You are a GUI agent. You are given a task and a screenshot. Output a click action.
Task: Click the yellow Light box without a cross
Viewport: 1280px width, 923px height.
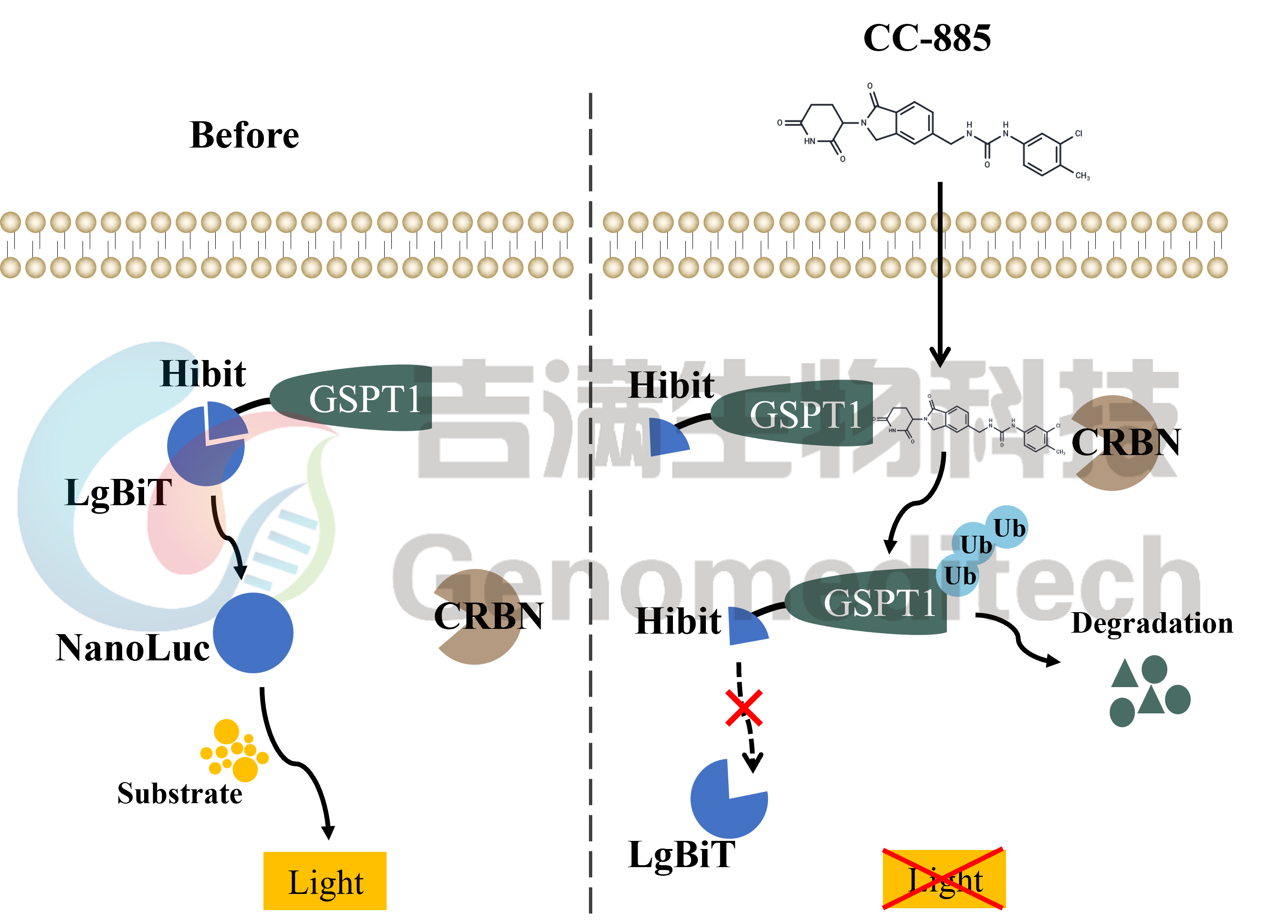(325, 881)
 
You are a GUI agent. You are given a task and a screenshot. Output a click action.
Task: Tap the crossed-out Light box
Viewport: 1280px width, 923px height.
(944, 880)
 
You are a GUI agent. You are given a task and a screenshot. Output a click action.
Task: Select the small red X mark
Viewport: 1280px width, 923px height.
(744, 707)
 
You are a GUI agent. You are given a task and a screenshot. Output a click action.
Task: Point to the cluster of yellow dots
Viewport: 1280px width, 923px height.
(234, 751)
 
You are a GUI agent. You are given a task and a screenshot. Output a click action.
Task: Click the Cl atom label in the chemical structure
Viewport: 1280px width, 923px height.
(1078, 134)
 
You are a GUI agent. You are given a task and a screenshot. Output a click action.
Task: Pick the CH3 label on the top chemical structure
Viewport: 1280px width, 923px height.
(1082, 176)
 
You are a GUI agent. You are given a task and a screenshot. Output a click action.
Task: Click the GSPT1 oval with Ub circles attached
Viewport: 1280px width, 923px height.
(866, 602)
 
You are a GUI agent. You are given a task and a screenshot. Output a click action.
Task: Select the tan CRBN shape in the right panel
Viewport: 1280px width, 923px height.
(1115, 443)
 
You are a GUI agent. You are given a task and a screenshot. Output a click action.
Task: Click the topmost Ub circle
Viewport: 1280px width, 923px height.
(1007, 527)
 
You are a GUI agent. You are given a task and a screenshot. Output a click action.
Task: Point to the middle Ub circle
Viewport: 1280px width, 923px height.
(974, 544)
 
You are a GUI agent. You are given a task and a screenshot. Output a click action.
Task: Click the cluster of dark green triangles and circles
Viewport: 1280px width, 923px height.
(1148, 691)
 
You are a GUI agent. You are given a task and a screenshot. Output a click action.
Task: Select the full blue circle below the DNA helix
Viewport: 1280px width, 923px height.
(253, 633)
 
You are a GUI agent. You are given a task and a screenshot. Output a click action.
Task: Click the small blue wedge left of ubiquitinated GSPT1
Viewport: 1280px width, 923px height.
(745, 626)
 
